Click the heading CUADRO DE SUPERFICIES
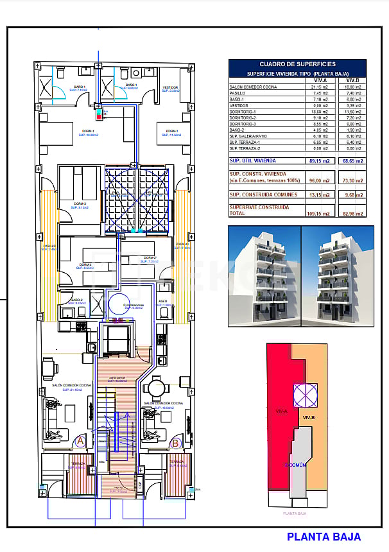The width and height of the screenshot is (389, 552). tap(297, 64)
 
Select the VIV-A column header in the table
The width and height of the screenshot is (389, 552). tap(320, 80)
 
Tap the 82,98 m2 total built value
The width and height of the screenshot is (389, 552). tap(352, 213)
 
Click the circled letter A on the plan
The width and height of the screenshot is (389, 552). tap(80, 442)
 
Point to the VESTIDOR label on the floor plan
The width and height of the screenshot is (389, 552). tap(170, 87)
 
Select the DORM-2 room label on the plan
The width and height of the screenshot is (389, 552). tap(80, 204)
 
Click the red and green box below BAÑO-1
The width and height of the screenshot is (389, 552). tap(98, 116)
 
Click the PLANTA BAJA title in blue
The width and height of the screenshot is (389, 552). tap(324, 537)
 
